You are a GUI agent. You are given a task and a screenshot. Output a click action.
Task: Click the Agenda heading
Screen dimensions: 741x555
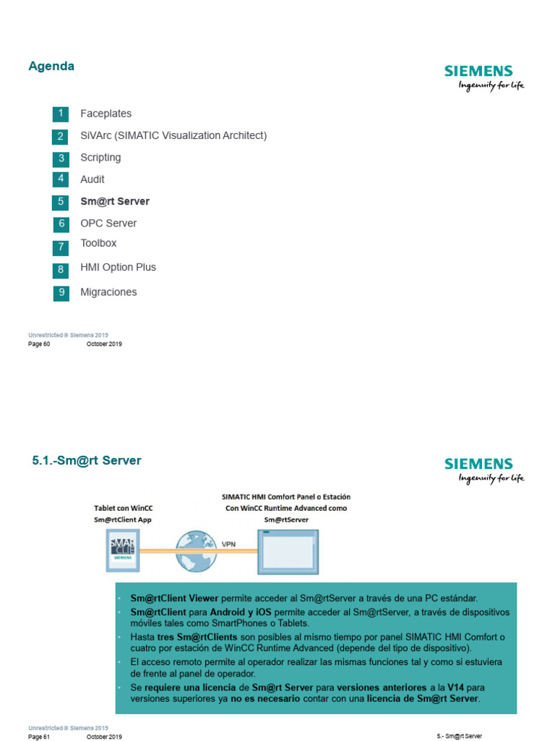[x=51, y=67]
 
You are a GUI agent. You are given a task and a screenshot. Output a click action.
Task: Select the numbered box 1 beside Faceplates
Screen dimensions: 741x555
[x=61, y=114]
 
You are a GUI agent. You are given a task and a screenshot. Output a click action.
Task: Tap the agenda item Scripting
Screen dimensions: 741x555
[x=100, y=158]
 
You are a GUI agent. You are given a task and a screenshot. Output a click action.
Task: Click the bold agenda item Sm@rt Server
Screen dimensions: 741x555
[x=115, y=201]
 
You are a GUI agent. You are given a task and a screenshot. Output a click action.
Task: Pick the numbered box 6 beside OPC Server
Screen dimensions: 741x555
[x=61, y=224]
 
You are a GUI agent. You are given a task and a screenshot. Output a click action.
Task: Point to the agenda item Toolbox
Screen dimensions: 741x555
[x=98, y=243]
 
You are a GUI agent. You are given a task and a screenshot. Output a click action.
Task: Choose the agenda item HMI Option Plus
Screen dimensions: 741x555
[x=118, y=267]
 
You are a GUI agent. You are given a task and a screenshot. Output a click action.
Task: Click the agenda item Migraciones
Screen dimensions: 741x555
[x=108, y=292]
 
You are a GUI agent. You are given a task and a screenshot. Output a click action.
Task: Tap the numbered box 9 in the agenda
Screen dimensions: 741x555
[x=61, y=293]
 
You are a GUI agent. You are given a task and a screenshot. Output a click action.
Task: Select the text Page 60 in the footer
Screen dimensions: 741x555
[x=39, y=344]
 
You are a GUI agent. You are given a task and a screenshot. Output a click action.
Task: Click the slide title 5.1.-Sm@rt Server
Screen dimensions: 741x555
[x=87, y=460]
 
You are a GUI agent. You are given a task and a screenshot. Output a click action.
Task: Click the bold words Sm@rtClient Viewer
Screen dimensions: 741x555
[x=174, y=598]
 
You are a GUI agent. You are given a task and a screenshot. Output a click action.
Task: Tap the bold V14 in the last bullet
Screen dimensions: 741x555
[x=454, y=687]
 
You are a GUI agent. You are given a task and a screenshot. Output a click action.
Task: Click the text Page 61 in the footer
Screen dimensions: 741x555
[x=39, y=736]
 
